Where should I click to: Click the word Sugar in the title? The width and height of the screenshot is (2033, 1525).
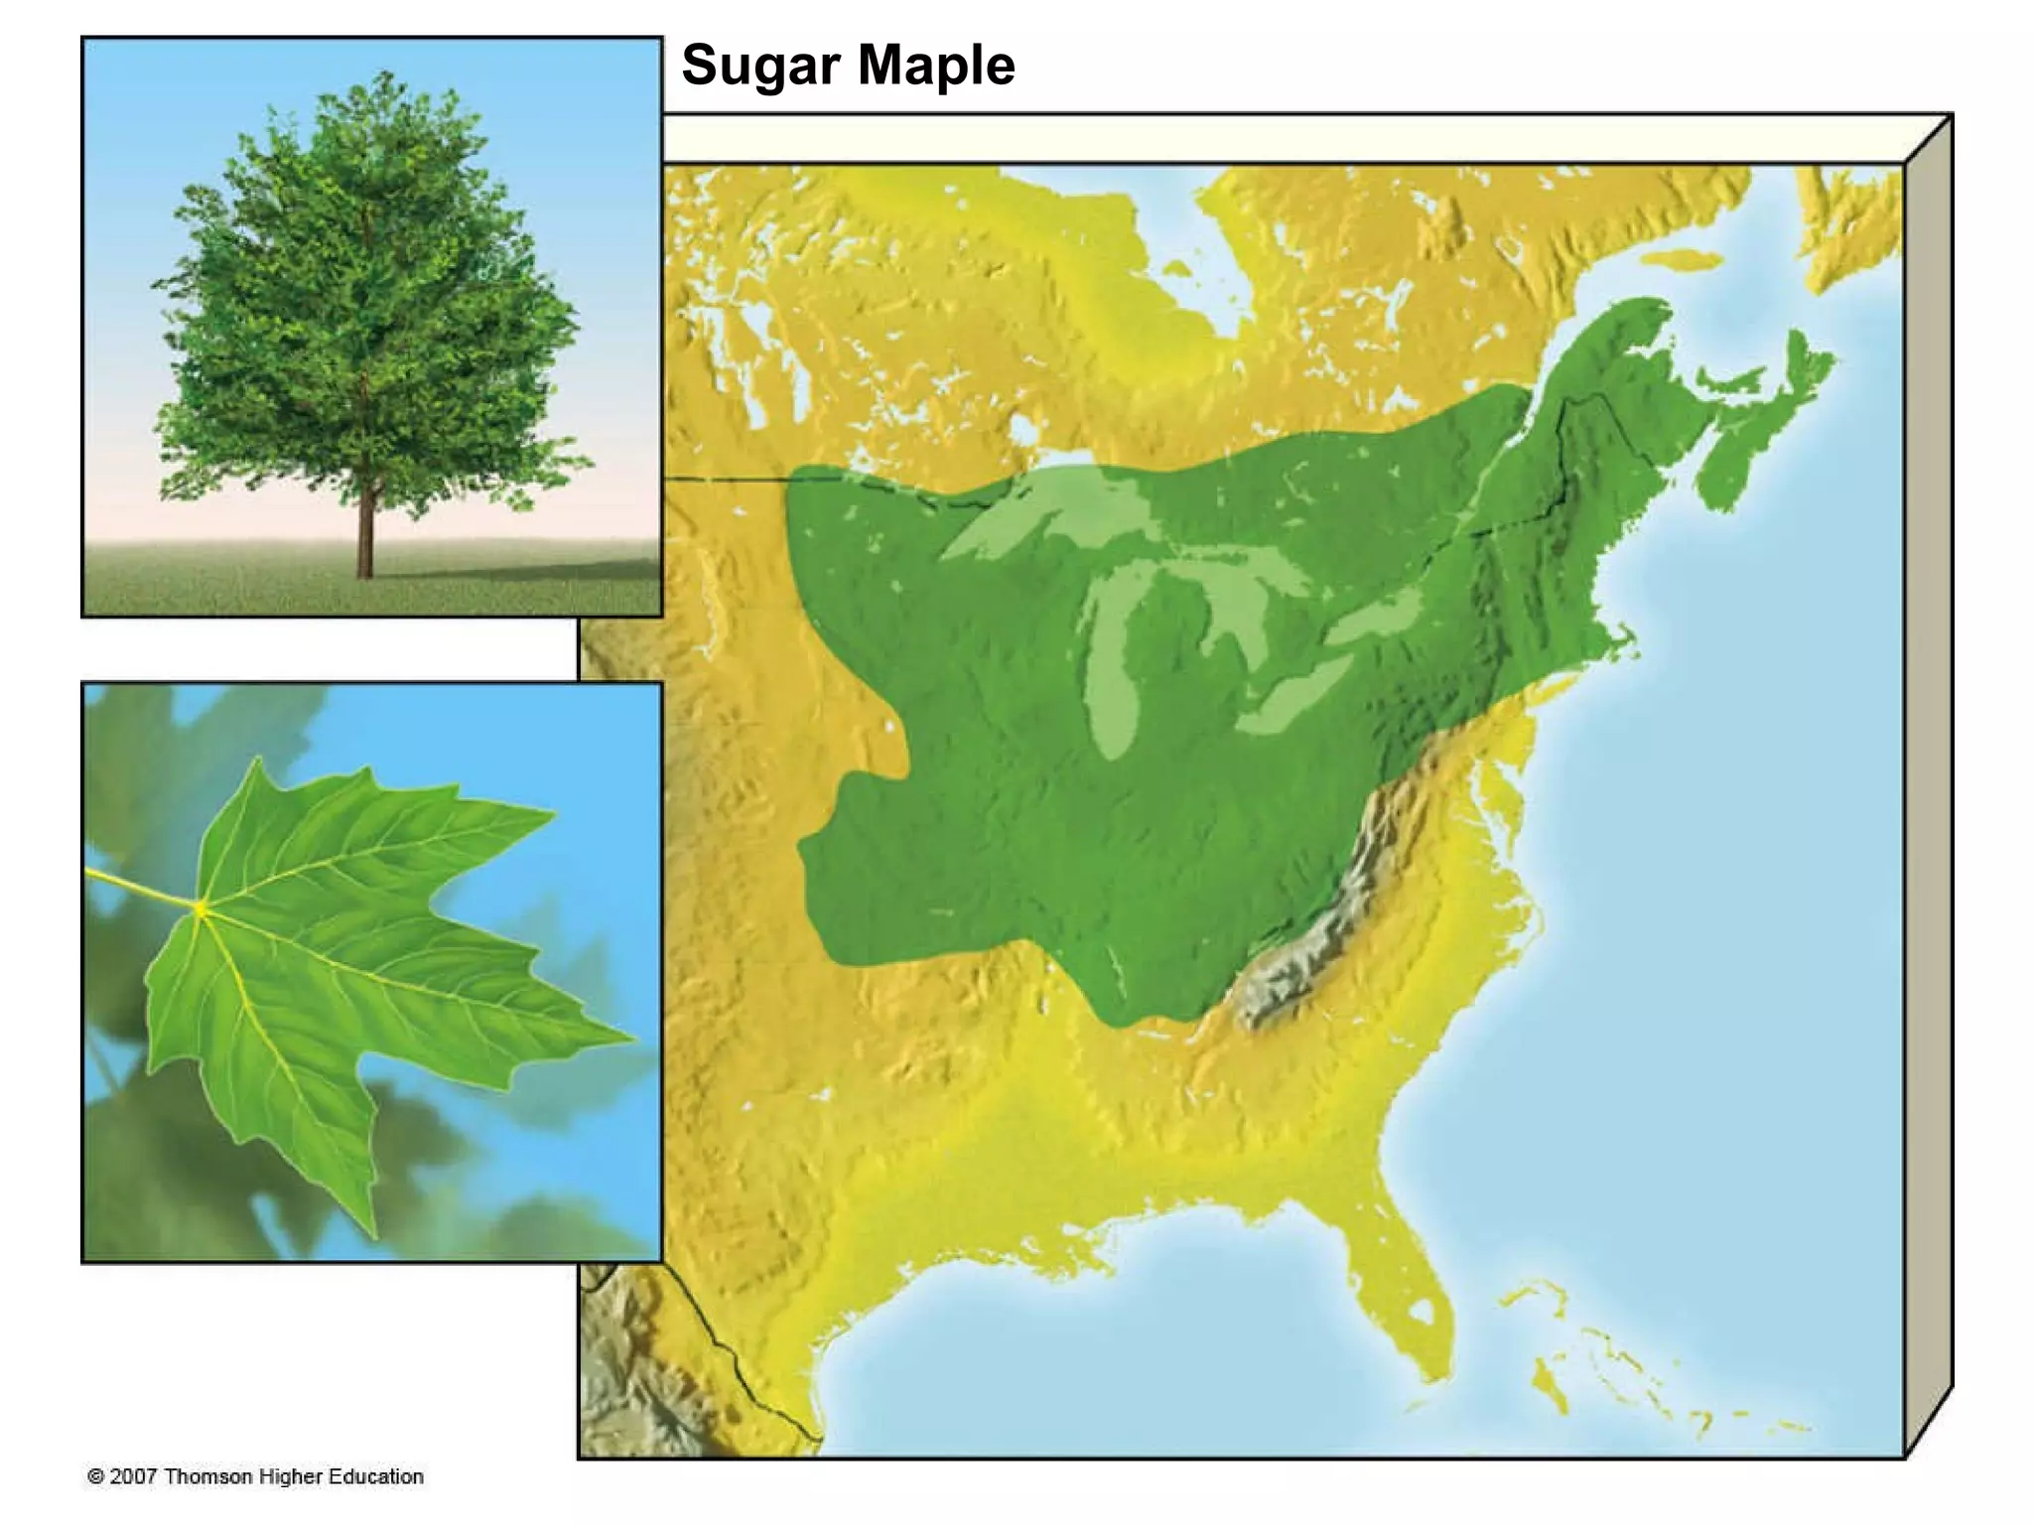[x=760, y=66]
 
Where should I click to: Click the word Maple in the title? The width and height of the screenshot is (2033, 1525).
[x=935, y=66]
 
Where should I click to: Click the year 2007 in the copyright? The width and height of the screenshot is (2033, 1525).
[x=133, y=1476]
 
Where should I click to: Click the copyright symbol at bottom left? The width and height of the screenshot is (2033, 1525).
[x=96, y=1476]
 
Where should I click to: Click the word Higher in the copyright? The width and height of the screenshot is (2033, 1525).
[x=291, y=1476]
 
